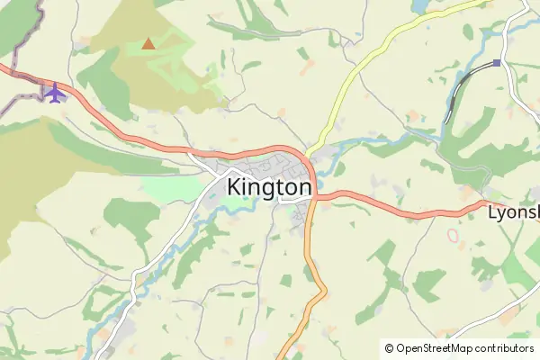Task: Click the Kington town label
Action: point(269,187)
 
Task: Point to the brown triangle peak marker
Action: point(148,42)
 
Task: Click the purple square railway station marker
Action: point(496,63)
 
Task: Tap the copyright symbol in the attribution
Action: point(389,348)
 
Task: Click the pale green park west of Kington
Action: point(171,189)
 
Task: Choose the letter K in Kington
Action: point(236,187)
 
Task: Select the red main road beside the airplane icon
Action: point(85,101)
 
